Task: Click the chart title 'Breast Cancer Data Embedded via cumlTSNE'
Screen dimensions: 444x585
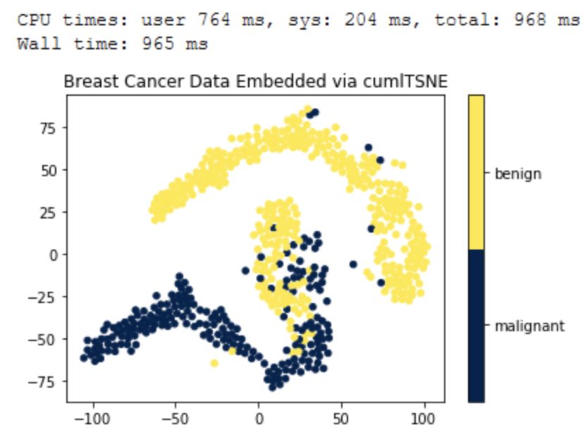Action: pos(255,81)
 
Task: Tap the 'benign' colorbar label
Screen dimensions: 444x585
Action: pos(517,173)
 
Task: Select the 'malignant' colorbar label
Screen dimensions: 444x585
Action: pos(529,326)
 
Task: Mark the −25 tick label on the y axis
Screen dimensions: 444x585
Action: pos(50,297)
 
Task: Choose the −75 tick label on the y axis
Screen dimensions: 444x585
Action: pos(50,381)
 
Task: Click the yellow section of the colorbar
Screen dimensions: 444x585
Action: pos(476,173)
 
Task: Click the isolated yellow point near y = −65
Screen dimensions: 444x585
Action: pos(214,363)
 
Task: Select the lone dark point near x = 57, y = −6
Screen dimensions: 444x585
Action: pos(353,264)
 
